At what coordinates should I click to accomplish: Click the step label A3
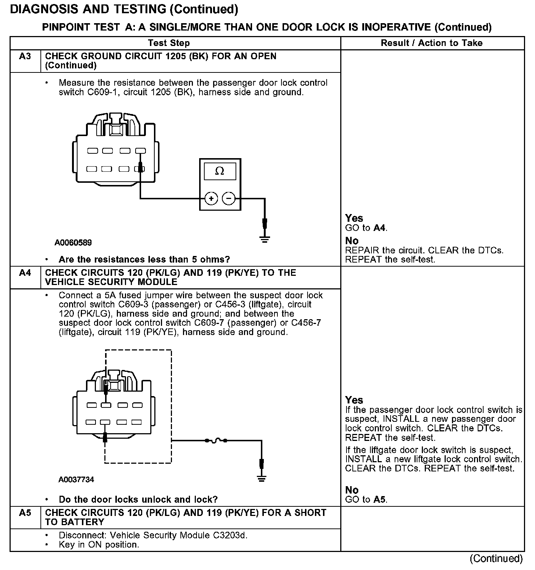point(25,57)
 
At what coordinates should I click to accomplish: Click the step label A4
point(25,273)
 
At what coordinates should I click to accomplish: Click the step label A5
point(25,513)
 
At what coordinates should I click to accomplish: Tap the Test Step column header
point(169,43)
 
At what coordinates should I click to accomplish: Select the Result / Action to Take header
point(431,43)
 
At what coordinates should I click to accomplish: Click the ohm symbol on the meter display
point(219,171)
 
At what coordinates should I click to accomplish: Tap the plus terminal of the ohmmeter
point(211,199)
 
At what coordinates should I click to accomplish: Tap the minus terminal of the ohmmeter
point(229,199)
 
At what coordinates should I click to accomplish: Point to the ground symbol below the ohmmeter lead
point(265,239)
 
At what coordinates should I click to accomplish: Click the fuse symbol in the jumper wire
point(216,440)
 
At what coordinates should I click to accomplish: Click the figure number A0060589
point(73,243)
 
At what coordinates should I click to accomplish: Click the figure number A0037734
point(76,480)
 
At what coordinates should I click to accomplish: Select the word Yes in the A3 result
point(354,218)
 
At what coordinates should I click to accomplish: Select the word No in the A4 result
point(352,490)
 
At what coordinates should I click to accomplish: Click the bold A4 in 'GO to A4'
point(380,228)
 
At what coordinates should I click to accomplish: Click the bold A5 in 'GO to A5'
point(380,499)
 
